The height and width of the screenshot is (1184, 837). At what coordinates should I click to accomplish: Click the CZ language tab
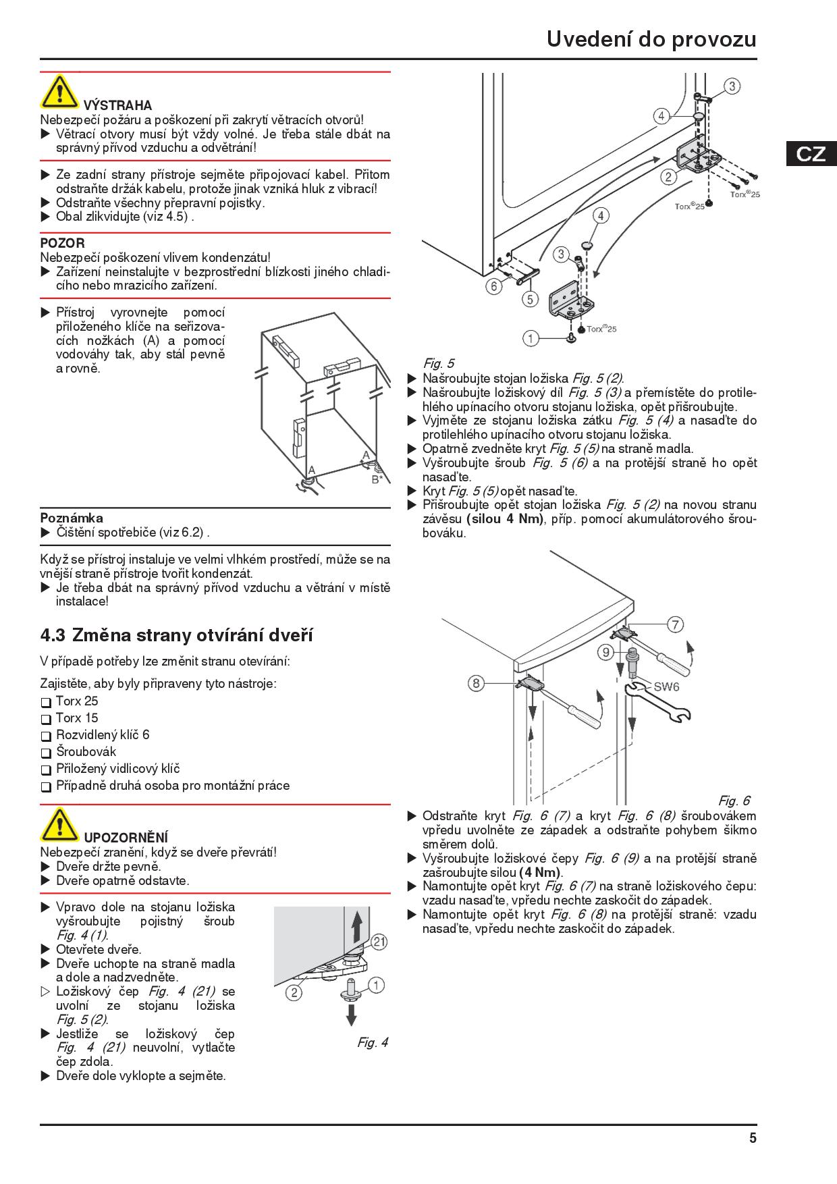811,153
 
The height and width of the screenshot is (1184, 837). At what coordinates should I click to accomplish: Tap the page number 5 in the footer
753,1138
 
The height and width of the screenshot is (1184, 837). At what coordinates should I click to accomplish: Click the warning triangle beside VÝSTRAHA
59,92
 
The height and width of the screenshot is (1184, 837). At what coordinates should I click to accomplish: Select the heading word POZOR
62,243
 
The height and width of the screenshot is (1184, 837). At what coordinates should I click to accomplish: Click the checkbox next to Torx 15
46,719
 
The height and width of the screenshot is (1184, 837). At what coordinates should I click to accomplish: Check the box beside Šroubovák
46,753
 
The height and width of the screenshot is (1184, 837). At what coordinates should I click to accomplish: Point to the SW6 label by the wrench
666,687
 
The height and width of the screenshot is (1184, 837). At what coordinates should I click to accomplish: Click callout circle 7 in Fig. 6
675,625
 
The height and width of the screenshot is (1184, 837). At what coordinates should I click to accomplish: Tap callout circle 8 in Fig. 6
476,683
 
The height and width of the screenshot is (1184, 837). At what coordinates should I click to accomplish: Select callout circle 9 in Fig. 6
606,652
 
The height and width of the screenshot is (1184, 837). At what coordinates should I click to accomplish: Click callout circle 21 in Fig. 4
379,942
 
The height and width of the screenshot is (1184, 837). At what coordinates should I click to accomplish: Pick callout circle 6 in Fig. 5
493,286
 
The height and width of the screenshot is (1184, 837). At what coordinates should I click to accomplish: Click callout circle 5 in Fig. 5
530,298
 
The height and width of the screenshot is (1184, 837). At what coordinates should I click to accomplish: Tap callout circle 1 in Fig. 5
531,338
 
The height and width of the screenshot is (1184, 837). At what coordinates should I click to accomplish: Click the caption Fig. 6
734,801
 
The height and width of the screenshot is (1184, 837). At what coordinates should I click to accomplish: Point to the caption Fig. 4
373,1043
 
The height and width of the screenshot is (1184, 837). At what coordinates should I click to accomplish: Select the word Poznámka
72,518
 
